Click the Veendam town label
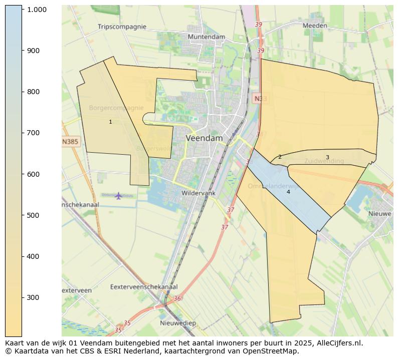pyautogui.click(x=204, y=138)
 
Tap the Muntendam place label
pyautogui.click(x=206, y=37)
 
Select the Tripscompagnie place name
pyautogui.click(x=122, y=27)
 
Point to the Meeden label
pyautogui.click(x=315, y=26)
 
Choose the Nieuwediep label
pyautogui.click(x=178, y=323)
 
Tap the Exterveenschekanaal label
pyautogui.click(x=144, y=287)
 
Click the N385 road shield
pyautogui.click(x=70, y=142)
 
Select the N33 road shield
pyautogui.click(x=260, y=99)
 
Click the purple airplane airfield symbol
pyautogui.click(x=118, y=195)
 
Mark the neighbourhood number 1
pyautogui.click(x=110, y=122)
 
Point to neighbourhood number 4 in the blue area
pyautogui.click(x=288, y=192)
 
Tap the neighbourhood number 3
pyautogui.click(x=327, y=157)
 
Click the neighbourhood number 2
pyautogui.click(x=280, y=157)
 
